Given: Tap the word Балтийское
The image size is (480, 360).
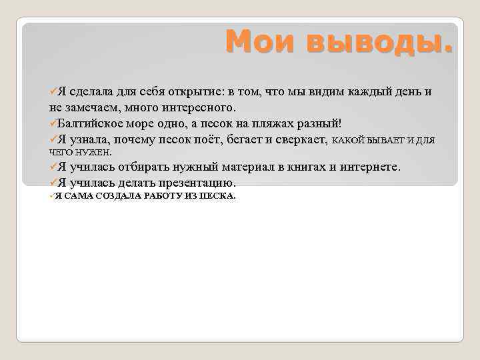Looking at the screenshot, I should pyautogui.click(x=91, y=123).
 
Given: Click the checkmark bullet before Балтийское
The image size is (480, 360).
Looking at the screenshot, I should pyautogui.click(x=53, y=123).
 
